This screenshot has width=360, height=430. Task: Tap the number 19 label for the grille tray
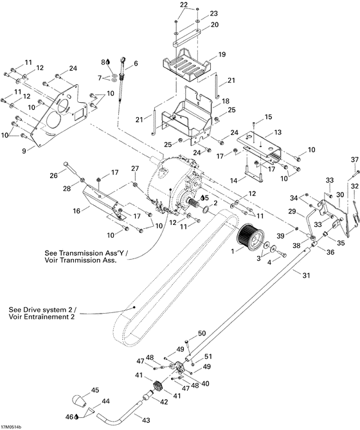click(221, 55)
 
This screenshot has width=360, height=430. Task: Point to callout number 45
click(95, 390)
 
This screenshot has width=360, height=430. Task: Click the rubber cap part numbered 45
click(80, 400)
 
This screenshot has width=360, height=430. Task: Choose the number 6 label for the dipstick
click(136, 64)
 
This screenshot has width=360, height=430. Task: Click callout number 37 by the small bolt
click(354, 159)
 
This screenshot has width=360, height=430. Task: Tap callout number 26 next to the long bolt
click(53, 175)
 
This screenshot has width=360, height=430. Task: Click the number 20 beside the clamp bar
click(215, 24)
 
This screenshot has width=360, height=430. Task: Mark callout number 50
click(201, 333)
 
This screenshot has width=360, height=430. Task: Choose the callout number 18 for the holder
click(225, 102)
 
